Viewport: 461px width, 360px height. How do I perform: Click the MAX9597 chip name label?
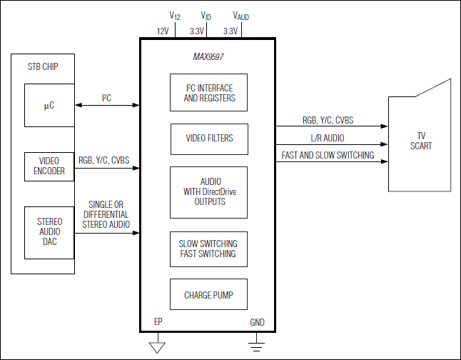pyautogui.click(x=208, y=56)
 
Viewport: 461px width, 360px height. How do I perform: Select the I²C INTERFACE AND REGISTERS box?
pyautogui.click(x=209, y=92)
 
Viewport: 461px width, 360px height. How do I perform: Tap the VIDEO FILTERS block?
pyautogui.click(x=209, y=139)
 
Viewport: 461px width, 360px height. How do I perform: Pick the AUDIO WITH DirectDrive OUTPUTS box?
pyautogui.click(x=209, y=193)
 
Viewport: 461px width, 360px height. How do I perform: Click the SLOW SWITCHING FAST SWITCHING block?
pyautogui.click(x=209, y=249)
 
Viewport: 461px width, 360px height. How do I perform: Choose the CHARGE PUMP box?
pyautogui.click(x=209, y=294)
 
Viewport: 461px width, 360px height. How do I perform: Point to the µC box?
pyautogui.click(x=49, y=106)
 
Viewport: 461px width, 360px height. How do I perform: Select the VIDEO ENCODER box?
pyautogui.click(x=49, y=166)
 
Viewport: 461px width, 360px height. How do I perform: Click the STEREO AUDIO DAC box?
pyautogui.click(x=49, y=233)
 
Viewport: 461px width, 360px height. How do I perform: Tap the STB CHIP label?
pyautogui.click(x=43, y=67)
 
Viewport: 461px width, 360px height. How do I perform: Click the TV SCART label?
pyautogui.click(x=421, y=141)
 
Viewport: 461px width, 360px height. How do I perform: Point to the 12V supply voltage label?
pyautogui.click(x=163, y=31)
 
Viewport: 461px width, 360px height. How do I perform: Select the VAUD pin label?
pyautogui.click(x=240, y=16)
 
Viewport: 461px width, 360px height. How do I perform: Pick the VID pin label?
pyautogui.click(x=206, y=16)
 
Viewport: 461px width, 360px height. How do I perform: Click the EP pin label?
pyautogui.click(x=158, y=321)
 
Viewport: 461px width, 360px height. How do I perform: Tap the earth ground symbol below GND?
pyautogui.click(x=256, y=346)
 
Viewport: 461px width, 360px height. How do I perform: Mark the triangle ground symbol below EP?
pyautogui.click(x=157, y=347)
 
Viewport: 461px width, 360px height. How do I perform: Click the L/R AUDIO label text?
pyautogui.click(x=328, y=138)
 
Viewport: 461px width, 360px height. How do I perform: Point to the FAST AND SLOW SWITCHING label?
pyautogui.click(x=328, y=155)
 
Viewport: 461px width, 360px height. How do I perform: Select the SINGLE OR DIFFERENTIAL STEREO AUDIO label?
pyautogui.click(x=106, y=214)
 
